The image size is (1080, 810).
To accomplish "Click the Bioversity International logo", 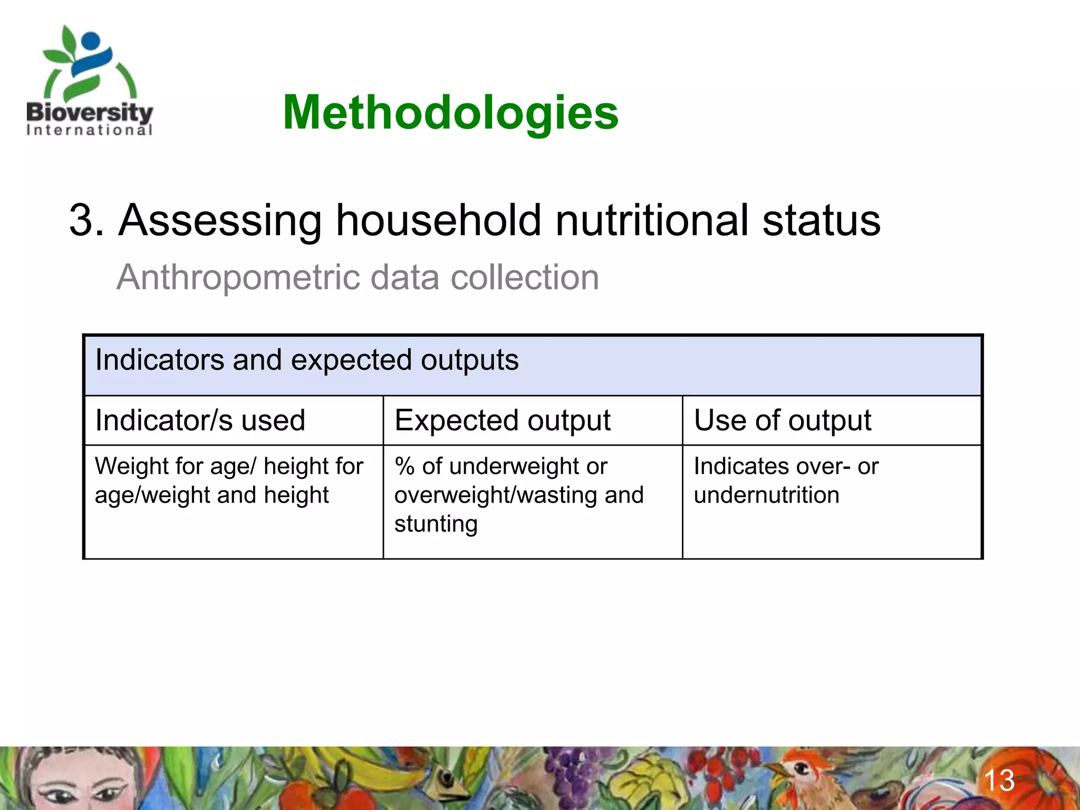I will coord(90,82).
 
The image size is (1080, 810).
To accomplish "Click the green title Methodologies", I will coord(450,112).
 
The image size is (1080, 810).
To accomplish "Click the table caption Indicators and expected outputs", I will coord(306,360).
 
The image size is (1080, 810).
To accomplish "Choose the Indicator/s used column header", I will coord(200,421).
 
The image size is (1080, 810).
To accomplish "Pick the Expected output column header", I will coord(502,421).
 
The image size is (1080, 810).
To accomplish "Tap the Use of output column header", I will coord(782,421).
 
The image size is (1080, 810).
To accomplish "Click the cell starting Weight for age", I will coord(229,480).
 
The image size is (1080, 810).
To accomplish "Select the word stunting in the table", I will coord(436,524).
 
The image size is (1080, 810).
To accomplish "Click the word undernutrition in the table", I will coord(766,495).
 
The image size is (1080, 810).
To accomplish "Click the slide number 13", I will coord(999,780).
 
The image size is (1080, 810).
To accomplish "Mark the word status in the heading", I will coord(821,220).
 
